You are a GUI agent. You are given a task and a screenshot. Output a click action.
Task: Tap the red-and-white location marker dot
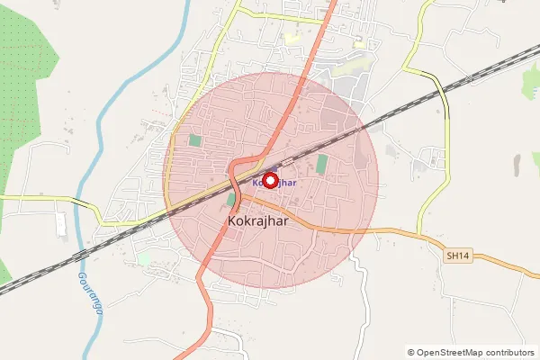(x=270, y=179)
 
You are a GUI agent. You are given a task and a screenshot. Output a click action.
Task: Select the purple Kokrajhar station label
(x=274, y=182)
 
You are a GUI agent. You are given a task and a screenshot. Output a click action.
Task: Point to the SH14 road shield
(x=458, y=256)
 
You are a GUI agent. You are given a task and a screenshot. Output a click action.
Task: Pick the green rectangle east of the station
(x=321, y=164)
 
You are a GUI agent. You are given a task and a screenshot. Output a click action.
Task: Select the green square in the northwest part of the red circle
(x=194, y=140)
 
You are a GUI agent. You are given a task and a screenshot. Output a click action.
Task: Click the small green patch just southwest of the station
(x=230, y=199)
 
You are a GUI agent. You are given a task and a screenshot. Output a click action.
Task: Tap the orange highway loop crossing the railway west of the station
(x=236, y=171)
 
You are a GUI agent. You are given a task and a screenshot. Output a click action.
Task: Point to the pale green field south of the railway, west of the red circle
(x=144, y=259)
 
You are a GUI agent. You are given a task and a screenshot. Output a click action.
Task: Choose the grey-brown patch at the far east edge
(x=517, y=165)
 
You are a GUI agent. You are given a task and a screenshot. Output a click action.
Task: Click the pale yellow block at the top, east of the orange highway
(x=292, y=39)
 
